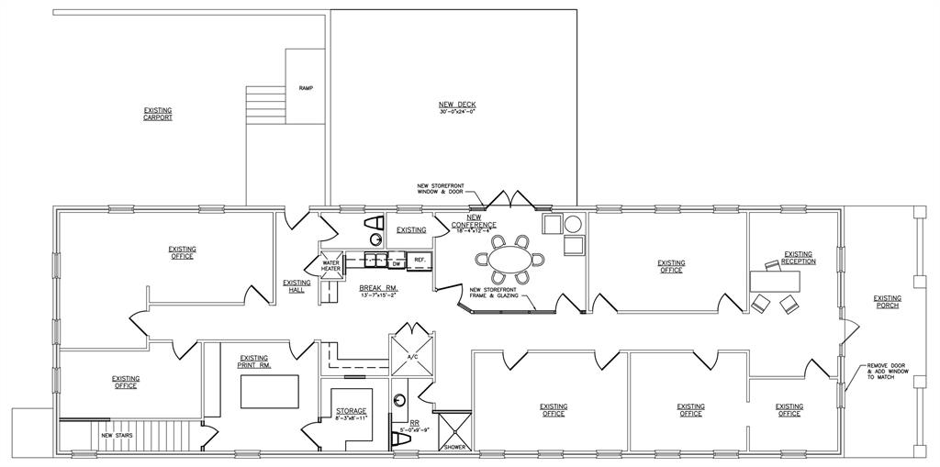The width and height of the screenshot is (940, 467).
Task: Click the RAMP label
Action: point(306,88)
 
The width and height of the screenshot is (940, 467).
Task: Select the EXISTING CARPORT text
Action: point(158,114)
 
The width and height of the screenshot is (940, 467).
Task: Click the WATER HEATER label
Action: point(330,266)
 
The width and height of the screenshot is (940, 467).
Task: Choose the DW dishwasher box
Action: point(397,263)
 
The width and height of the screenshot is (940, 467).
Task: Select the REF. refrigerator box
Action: point(420,261)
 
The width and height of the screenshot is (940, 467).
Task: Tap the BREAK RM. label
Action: point(378,291)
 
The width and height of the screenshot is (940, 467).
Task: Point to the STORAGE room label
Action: point(351,414)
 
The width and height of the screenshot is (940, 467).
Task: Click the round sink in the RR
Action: point(400,400)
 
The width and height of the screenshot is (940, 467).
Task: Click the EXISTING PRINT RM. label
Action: point(254,361)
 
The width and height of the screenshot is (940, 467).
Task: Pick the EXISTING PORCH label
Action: point(887,301)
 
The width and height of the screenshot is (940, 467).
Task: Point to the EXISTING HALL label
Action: point(297,286)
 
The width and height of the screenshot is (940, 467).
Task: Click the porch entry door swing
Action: point(850,326)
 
